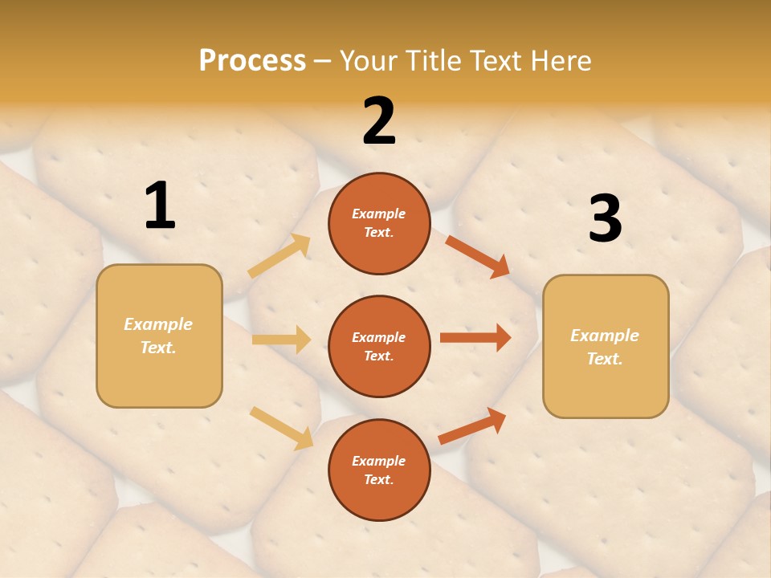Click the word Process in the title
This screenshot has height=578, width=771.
tap(252, 60)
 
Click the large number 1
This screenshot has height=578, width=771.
tap(160, 206)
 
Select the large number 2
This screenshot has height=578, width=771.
tap(379, 121)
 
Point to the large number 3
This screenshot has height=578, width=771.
tap(605, 218)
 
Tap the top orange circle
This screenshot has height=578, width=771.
tap(379, 223)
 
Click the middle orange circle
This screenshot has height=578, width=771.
tap(379, 346)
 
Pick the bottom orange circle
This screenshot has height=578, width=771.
tap(379, 470)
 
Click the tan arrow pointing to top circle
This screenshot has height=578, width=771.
tap(279, 256)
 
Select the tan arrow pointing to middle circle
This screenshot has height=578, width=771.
tap(281, 340)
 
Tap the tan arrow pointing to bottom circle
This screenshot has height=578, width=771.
tap(281, 428)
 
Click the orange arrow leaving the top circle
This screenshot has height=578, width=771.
tap(478, 257)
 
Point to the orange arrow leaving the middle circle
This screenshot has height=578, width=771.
tap(475, 337)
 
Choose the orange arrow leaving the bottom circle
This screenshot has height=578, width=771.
tap(472, 425)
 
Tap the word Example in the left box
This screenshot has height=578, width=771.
tap(158, 324)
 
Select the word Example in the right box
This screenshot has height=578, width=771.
tap(605, 336)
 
